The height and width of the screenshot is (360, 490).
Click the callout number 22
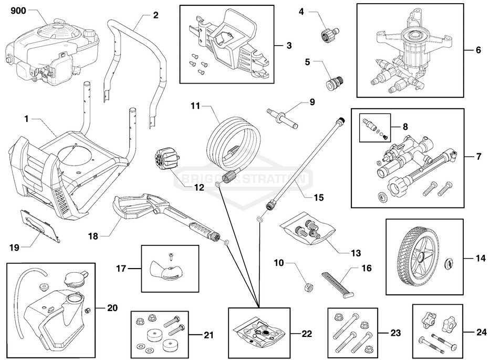307,333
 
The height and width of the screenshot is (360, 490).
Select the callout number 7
478,157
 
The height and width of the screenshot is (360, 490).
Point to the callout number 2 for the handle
155,15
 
